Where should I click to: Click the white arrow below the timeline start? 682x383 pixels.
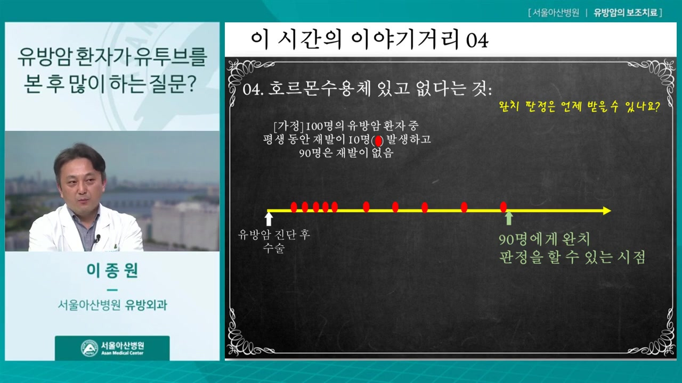pyautogui.click(x=269, y=219)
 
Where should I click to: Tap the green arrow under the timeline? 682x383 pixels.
pyautogui.click(x=509, y=218)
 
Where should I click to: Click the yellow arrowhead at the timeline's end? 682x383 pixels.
pyautogui.click(x=607, y=211)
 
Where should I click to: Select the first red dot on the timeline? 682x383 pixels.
pyautogui.click(x=294, y=207)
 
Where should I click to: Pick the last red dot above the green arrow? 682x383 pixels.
pyautogui.click(x=504, y=207)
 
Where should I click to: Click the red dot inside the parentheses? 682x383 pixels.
pyautogui.click(x=378, y=141)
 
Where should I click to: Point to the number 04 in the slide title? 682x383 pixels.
pyautogui.click(x=477, y=40)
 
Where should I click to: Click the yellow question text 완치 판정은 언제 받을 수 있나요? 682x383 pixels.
pyautogui.click(x=579, y=107)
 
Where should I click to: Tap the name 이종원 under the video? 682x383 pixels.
pyautogui.click(x=112, y=270)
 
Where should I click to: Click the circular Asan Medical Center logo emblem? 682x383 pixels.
pyautogui.click(x=90, y=348)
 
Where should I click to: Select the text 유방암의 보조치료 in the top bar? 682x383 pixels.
pyautogui.click(x=625, y=13)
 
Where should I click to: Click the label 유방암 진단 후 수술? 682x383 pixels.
pyautogui.click(x=274, y=242)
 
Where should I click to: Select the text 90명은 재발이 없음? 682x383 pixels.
pyautogui.click(x=346, y=153)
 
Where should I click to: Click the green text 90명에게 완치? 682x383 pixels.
pyautogui.click(x=545, y=239)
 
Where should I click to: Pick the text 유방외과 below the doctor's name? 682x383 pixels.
pyautogui.click(x=147, y=305)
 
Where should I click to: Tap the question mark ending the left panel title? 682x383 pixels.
pyautogui.click(x=192, y=84)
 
